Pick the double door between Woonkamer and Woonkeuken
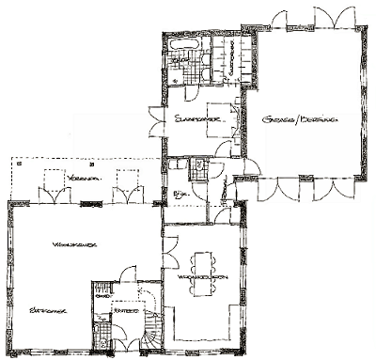tap(168, 250)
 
